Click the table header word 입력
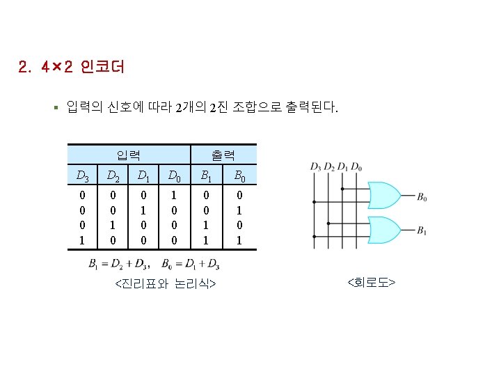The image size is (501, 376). coord(129,154)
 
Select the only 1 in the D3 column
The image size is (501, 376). coord(83,240)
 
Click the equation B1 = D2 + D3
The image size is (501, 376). coord(119,264)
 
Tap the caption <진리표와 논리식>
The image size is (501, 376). coord(164,284)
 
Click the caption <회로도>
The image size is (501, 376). coord(371,282)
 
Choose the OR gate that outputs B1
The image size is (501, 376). coord(382,228)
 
